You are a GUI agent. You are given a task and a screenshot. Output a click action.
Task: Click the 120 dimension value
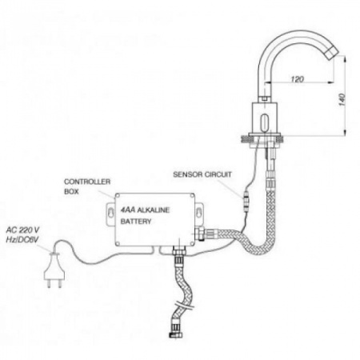point(297,79)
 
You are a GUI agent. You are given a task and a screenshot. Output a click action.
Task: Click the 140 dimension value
point(342,100)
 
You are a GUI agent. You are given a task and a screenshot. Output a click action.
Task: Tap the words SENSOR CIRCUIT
point(202,174)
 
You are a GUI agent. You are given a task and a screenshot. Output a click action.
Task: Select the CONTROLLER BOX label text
point(87,186)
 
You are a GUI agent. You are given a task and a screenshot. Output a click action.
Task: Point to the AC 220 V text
point(23,230)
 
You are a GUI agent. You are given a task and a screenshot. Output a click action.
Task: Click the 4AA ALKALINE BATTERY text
point(145,215)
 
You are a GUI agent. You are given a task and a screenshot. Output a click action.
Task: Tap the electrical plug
point(54,270)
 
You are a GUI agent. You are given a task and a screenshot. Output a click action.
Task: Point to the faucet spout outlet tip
point(331,53)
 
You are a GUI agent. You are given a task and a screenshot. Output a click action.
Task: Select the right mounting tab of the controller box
point(199,214)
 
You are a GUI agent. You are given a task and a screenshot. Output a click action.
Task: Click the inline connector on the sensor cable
point(246,202)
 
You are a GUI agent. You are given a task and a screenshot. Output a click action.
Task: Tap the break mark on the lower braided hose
point(183,306)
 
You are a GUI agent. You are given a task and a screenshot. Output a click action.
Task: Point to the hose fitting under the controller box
point(178,251)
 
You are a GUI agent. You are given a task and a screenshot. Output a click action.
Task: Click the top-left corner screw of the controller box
point(118,196)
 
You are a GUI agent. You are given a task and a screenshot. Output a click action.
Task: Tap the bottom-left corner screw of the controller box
point(118,243)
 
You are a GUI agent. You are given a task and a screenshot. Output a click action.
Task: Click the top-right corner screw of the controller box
point(192,196)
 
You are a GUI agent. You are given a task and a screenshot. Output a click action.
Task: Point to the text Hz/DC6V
point(22,240)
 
